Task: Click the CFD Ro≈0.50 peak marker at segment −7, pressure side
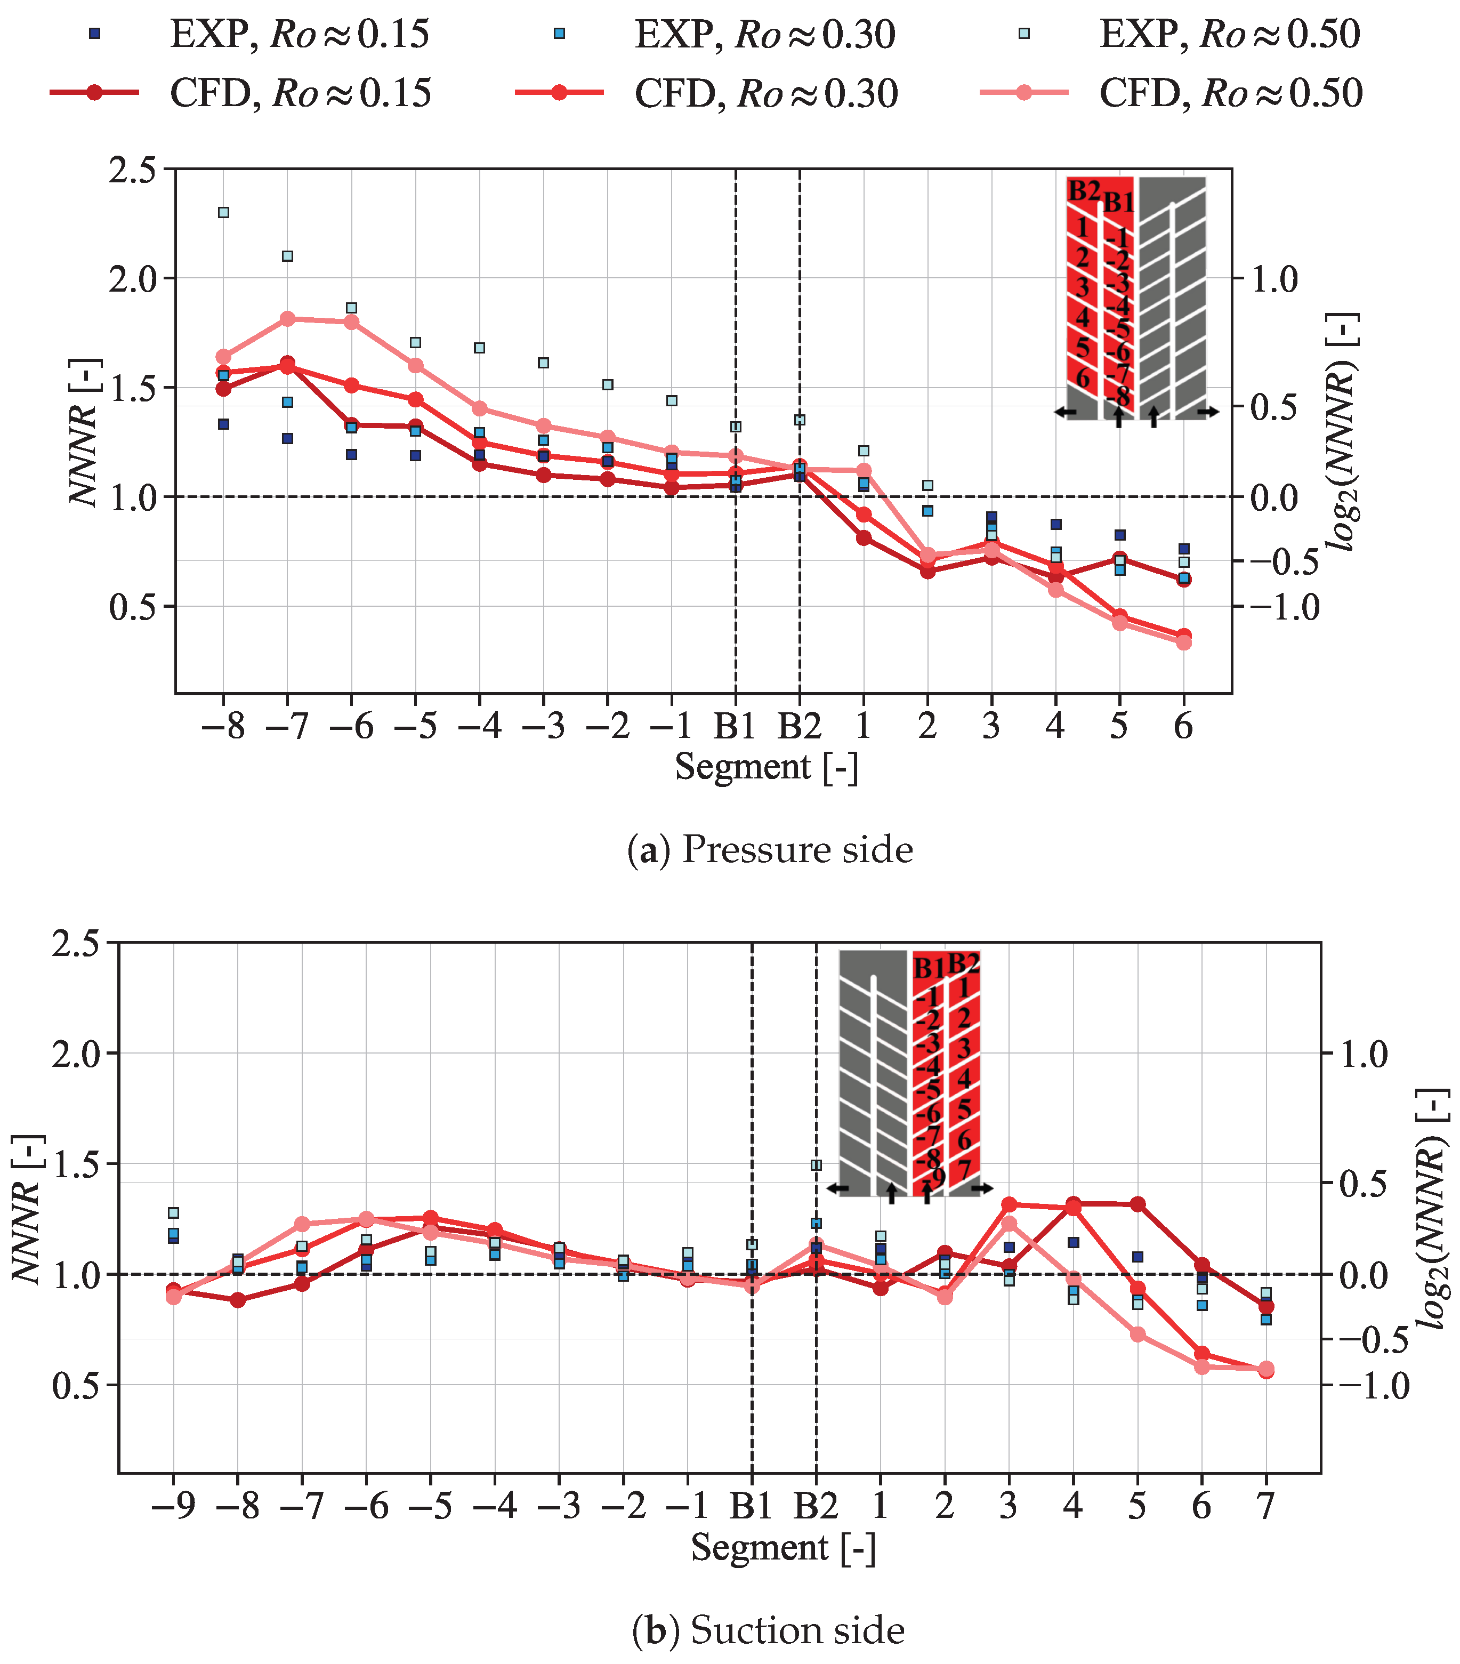(287, 318)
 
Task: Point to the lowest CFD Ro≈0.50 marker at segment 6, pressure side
(1183, 642)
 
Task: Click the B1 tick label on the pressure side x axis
(735, 725)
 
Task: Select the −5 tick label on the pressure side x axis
(415, 725)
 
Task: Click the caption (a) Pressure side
(770, 849)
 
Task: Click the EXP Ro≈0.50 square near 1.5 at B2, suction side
(816, 1165)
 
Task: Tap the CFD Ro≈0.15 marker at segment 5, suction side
(1138, 1204)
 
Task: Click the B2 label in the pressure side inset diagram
(1083, 191)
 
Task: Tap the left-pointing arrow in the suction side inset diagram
(838, 1188)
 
